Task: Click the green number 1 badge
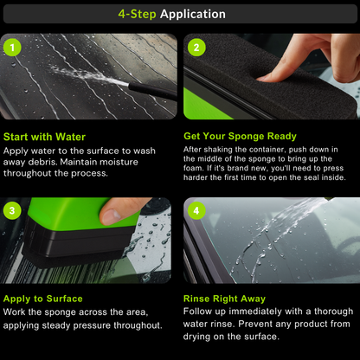tap(13, 48)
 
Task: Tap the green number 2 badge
tap(196, 48)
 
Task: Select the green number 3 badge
tap(13, 210)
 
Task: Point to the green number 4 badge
tap(196, 210)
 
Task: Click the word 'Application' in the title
tap(193, 14)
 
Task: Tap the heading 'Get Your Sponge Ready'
tap(240, 136)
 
